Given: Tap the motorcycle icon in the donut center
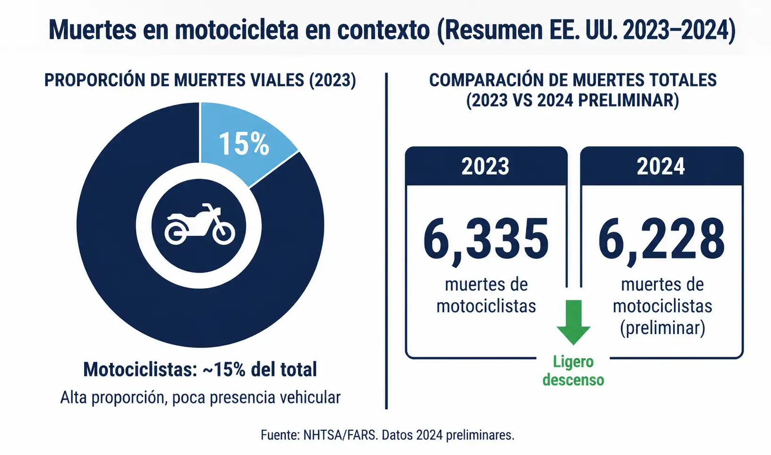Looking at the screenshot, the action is [200, 224].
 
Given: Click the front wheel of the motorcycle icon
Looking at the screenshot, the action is [224, 233].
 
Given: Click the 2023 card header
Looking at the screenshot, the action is [486, 166].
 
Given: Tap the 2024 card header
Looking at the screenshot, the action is [661, 166].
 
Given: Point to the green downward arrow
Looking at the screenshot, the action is [574, 322].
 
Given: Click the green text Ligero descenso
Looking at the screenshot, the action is [574, 371].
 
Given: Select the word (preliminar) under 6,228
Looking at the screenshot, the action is [662, 327].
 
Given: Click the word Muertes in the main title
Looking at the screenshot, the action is [93, 30].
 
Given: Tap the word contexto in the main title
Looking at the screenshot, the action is [383, 31].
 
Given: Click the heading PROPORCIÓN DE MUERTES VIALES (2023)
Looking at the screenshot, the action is [200, 80].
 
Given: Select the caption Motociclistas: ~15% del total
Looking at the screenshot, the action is [200, 369].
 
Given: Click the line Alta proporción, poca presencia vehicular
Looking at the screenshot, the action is [200, 397].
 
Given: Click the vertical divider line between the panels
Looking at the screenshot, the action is [386, 241].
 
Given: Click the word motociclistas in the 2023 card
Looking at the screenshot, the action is [486, 306].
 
